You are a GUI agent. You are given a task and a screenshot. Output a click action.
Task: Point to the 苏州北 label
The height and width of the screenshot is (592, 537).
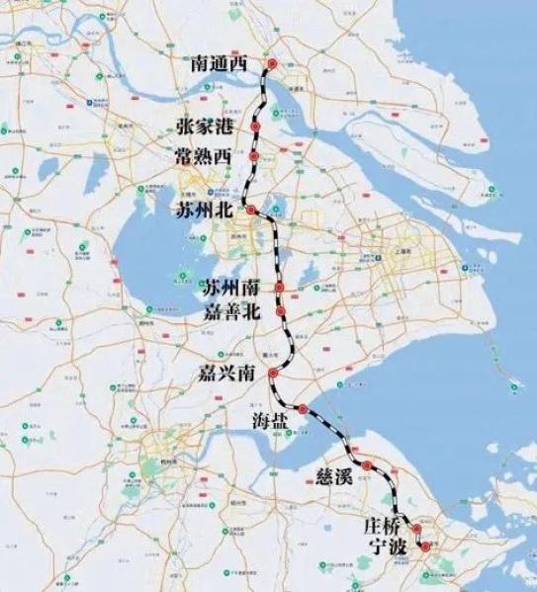click(207, 211)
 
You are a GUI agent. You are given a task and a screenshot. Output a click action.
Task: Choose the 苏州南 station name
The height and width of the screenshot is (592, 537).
click(234, 289)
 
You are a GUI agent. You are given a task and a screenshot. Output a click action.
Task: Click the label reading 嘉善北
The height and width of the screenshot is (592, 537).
click(234, 313)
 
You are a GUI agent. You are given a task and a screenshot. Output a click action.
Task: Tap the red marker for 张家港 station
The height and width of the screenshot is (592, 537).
click(255, 127)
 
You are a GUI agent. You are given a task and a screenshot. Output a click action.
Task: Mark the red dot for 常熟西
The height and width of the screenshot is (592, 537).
click(254, 156)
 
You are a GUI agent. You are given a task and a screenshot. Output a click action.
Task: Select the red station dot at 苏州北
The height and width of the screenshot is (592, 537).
click(251, 211)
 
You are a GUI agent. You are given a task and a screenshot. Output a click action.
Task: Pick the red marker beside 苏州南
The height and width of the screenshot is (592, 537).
click(281, 288)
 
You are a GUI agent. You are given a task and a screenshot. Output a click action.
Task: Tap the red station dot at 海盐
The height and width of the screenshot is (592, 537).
click(303, 409)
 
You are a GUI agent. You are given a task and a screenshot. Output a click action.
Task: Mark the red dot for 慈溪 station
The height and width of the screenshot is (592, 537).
click(367, 464)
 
